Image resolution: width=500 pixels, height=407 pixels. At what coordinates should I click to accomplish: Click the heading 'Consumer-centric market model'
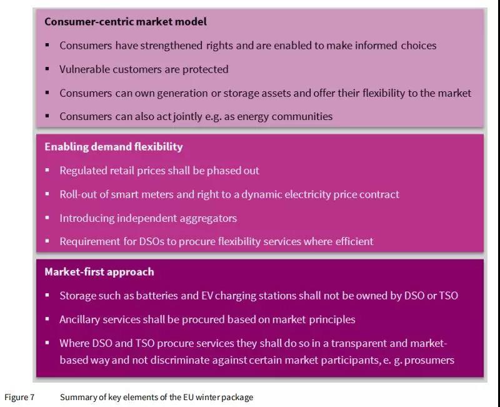click(x=126, y=21)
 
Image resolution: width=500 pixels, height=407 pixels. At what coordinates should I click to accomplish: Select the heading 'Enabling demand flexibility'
click(x=114, y=146)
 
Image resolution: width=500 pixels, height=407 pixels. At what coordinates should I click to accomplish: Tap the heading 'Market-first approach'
click(x=99, y=271)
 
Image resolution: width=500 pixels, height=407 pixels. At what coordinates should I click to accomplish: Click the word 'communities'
click(x=304, y=116)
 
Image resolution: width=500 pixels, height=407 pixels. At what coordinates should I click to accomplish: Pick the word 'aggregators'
click(x=208, y=218)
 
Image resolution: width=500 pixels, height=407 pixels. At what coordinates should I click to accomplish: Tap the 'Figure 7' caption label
click(x=20, y=397)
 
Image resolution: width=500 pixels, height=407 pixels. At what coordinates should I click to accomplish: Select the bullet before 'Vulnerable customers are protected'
click(x=47, y=69)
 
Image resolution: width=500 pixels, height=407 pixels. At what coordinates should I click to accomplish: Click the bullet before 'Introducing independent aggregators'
click(x=47, y=218)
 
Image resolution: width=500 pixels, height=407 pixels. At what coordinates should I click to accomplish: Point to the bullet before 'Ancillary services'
click(x=47, y=319)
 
